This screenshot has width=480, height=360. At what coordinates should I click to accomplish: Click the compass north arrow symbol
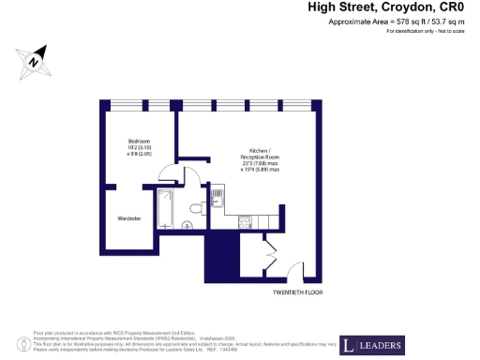point(35,61)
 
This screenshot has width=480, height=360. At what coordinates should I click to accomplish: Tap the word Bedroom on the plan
point(140,141)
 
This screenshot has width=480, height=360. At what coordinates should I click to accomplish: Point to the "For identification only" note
point(425,33)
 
